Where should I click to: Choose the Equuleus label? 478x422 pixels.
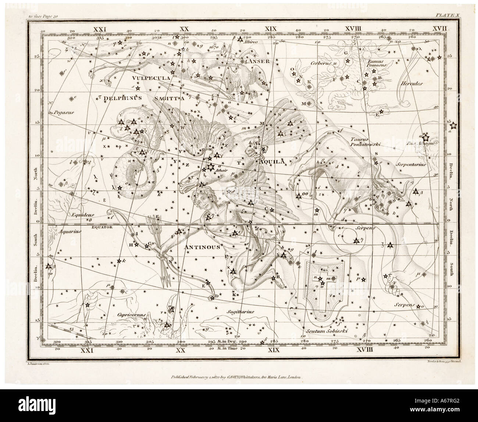[x=83, y=214]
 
